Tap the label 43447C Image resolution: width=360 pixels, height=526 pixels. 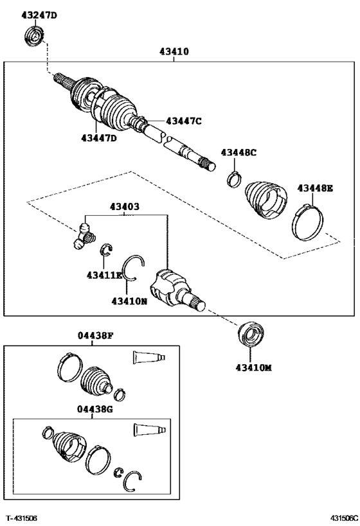184,120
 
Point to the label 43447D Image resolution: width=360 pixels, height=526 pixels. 99,137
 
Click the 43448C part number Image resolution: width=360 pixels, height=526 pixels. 239,152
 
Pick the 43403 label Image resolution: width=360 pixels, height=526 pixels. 125,207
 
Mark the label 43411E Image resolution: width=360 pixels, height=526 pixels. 104,275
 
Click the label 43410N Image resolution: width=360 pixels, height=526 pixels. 129,301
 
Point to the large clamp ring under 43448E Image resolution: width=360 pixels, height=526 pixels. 309,221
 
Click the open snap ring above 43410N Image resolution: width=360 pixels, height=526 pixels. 134,267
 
